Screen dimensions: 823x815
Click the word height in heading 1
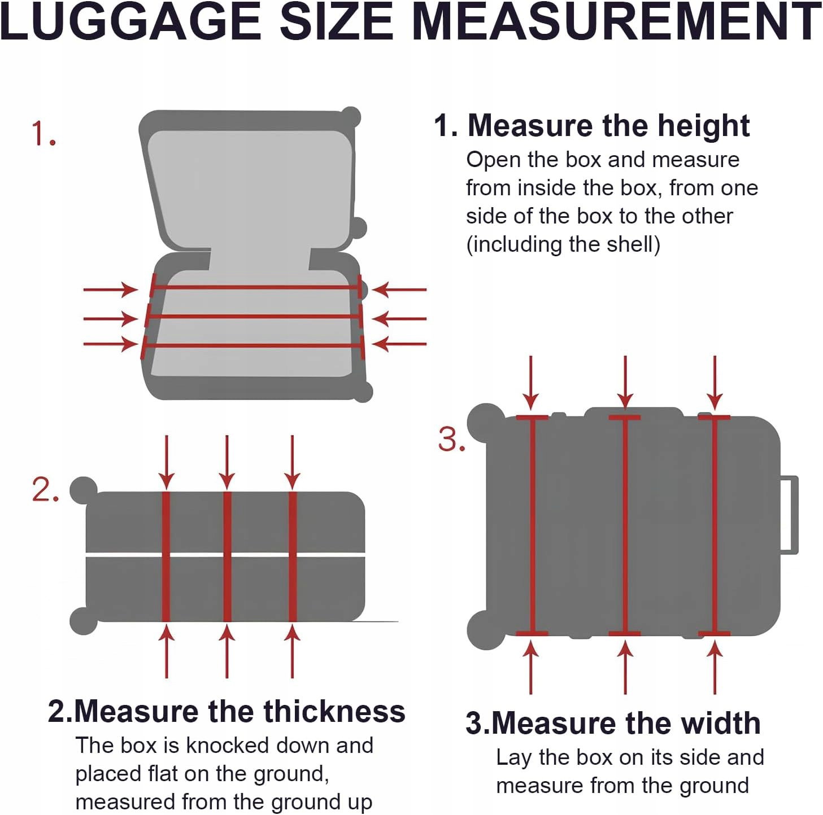coord(704,126)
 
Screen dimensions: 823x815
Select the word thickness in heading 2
coord(334,711)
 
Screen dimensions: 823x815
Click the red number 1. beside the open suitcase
coord(44,134)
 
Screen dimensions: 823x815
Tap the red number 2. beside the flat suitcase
coord(45,490)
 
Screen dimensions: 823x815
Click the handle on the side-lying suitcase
coord(789,514)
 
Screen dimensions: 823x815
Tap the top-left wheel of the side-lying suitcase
coord(486,422)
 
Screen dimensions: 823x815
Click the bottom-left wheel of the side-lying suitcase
coord(485,629)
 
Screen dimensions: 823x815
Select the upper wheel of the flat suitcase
coord(84,490)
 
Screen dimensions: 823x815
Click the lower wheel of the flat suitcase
coord(84,620)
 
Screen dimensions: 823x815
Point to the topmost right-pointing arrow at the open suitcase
coord(110,290)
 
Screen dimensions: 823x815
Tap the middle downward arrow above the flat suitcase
coord(227,462)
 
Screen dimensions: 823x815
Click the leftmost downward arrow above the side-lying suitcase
coord(531,383)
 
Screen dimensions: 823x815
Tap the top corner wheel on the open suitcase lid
coord(351,117)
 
